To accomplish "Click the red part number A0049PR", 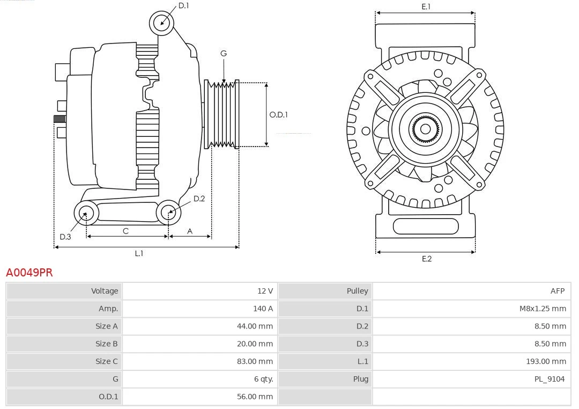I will coord(29,272).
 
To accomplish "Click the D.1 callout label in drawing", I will coord(183,5).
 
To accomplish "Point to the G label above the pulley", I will coord(224,53).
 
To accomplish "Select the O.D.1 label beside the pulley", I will coord(278,114).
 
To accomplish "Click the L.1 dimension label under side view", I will coord(139,253).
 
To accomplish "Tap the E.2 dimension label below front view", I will coord(426,259).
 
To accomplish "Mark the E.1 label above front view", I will coord(426,6).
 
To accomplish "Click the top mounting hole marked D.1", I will coord(162,23).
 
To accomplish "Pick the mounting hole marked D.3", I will coord(86,214).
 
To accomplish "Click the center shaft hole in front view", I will coord(425,129).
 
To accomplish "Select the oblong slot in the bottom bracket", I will coord(425,226).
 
